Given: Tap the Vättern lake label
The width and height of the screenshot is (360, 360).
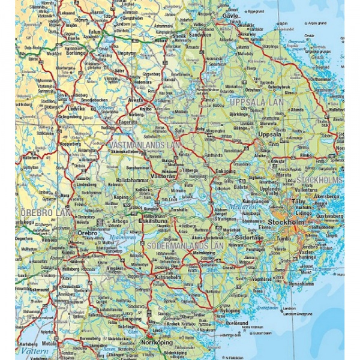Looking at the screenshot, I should (x=27, y=349).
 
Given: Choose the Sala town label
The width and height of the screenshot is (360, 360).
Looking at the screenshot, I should (x=178, y=129).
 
